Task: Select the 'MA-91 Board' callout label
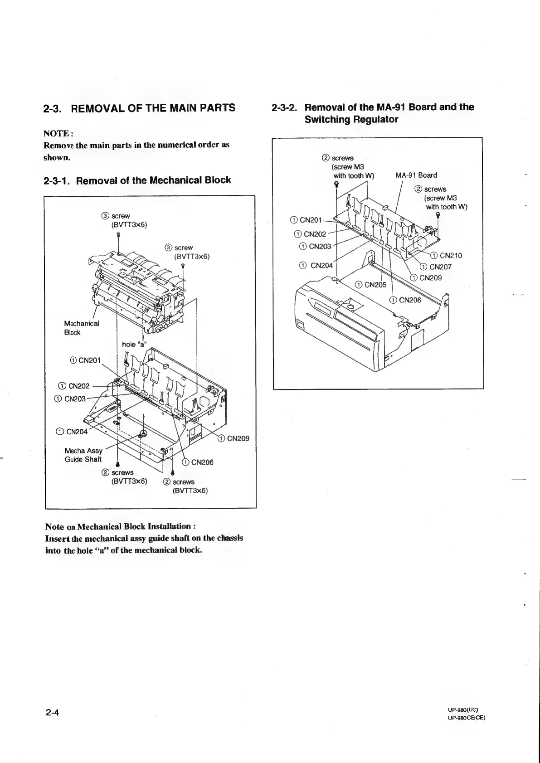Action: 416,175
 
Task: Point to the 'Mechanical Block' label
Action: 81,328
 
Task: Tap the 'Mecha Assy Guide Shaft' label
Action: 83,455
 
